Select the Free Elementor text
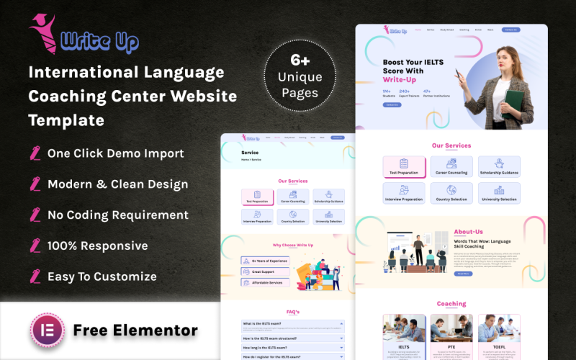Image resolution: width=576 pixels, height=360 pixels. pyautogui.click(x=135, y=330)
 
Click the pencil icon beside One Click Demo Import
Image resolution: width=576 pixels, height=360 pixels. pyautogui.click(x=35, y=153)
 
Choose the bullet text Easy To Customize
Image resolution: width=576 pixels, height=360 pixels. pyautogui.click(x=102, y=276)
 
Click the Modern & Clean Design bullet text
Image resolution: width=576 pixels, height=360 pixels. pyautogui.click(x=117, y=184)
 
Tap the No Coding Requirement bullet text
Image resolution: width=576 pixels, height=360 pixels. pyautogui.click(x=117, y=215)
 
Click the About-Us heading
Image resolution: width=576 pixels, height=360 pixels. pyautogui.click(x=469, y=232)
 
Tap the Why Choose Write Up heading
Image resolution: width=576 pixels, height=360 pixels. pyautogui.click(x=293, y=245)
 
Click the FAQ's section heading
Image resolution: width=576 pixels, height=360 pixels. pyautogui.click(x=293, y=312)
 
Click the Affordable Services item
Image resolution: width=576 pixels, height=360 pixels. pyautogui.click(x=263, y=282)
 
